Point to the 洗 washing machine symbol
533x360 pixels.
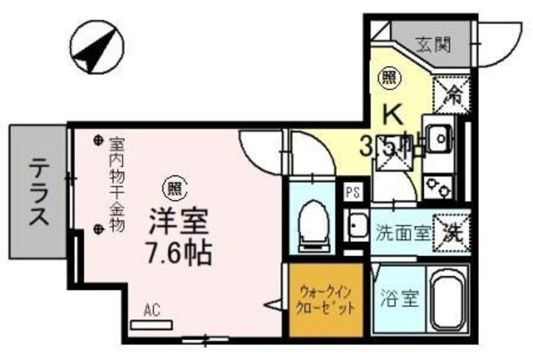point(452,228)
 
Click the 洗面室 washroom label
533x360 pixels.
point(401,232)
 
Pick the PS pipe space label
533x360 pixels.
point(352,192)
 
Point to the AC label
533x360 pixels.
point(151,309)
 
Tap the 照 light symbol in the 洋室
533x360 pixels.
point(172,185)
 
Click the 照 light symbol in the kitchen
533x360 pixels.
point(389,79)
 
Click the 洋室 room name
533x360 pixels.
point(176,222)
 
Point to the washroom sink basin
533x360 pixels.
point(357,225)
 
